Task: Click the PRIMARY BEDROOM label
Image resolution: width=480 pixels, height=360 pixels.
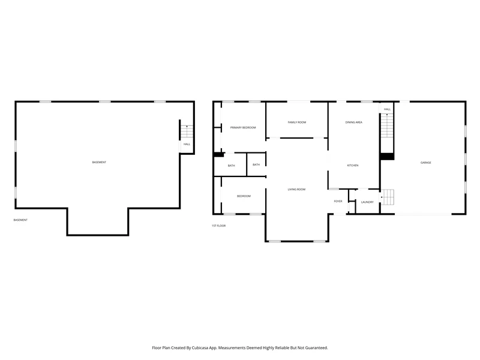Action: click(x=243, y=128)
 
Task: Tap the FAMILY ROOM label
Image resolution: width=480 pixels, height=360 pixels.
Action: click(x=297, y=122)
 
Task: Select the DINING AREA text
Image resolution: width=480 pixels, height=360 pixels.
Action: click(x=354, y=122)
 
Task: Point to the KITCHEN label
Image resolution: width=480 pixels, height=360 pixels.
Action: click(x=353, y=166)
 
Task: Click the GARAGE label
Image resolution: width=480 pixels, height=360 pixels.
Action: click(x=426, y=163)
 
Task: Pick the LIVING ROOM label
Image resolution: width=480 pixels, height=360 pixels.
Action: click(x=296, y=190)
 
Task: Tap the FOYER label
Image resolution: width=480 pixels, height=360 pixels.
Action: click(x=338, y=202)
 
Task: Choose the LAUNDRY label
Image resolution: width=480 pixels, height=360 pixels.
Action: click(x=367, y=202)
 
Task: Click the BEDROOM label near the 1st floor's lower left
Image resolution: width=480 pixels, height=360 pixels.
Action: click(x=244, y=196)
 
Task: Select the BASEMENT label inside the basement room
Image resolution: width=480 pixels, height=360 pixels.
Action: click(x=99, y=162)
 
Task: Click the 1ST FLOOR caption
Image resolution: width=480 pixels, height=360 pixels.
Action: click(x=218, y=226)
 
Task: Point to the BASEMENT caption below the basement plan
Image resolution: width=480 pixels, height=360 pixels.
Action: click(x=20, y=220)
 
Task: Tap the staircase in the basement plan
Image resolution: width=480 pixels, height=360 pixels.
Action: click(x=187, y=131)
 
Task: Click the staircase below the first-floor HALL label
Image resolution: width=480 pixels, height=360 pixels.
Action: click(x=387, y=125)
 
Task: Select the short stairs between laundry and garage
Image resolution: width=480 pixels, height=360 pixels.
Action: click(x=388, y=197)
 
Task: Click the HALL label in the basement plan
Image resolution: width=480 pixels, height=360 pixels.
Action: click(x=187, y=144)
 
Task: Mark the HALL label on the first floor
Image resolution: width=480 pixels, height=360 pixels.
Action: click(x=387, y=109)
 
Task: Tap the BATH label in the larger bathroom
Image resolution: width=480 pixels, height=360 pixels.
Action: click(x=232, y=166)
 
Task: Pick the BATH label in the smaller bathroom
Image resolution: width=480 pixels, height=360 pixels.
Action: click(x=256, y=164)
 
